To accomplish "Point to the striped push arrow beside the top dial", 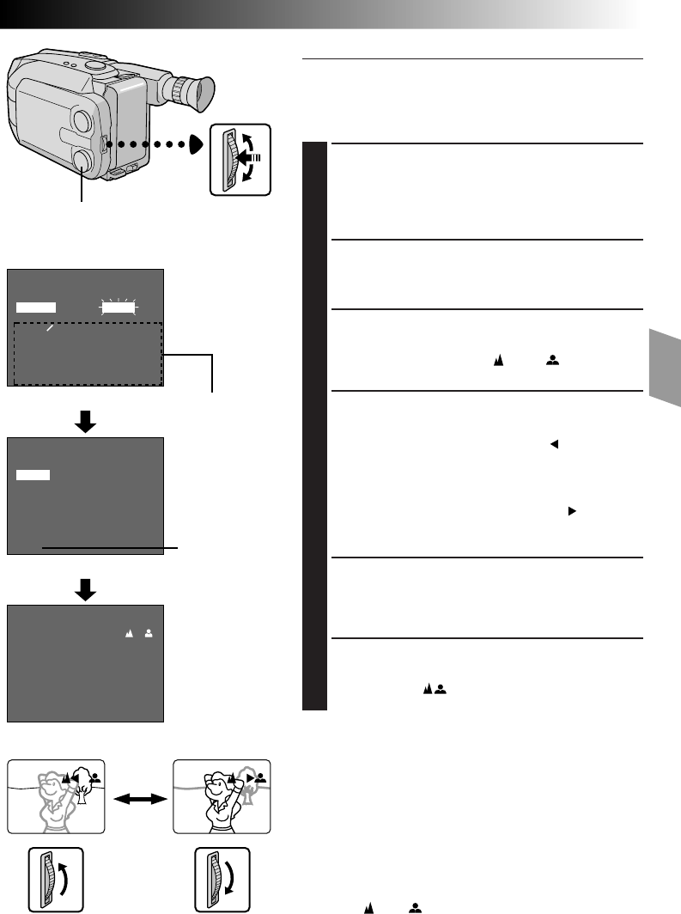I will click(x=253, y=158).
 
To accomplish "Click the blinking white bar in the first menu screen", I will click(x=119, y=306).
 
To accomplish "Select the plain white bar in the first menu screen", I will click(x=35, y=307).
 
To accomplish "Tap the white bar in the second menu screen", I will click(x=33, y=474).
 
